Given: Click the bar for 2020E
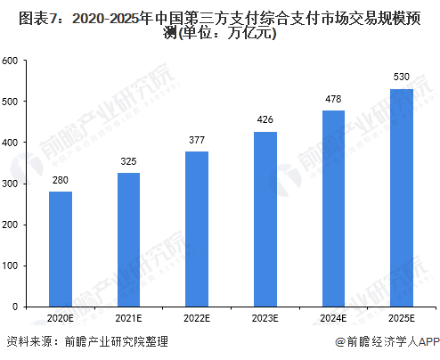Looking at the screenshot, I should tap(60, 249).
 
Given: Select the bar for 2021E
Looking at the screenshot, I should tap(128, 239).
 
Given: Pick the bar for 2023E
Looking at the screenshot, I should tap(265, 218).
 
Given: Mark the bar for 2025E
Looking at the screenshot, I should tap(402, 197).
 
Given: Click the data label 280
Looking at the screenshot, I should tap(60, 181).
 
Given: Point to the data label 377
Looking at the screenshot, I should tap(197, 141).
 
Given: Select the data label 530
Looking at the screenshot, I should tap(402, 78).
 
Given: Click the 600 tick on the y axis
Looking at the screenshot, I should tap(11, 61).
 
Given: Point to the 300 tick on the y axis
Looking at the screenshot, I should tap(11, 184).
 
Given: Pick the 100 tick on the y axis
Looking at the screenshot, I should tap(11, 266).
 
